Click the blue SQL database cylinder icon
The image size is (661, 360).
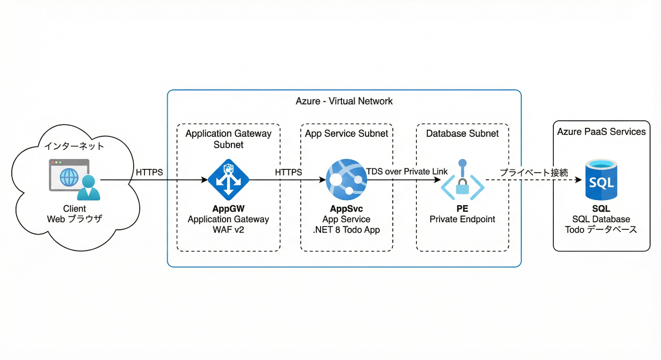click(x=601, y=180)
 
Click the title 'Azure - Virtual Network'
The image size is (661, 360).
click(x=344, y=101)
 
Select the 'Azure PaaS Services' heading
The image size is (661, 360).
click(x=601, y=132)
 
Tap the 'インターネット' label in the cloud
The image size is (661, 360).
click(x=74, y=146)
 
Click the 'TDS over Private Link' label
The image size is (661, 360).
click(x=407, y=172)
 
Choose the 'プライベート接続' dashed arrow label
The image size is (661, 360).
click(x=534, y=173)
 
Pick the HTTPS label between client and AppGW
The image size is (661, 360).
click(x=149, y=173)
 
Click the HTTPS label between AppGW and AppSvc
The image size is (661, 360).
click(x=288, y=173)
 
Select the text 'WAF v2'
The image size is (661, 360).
click(x=229, y=230)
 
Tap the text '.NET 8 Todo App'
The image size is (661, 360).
click(x=347, y=230)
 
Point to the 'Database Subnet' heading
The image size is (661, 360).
click(x=462, y=134)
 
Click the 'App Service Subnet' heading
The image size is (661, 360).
click(x=347, y=134)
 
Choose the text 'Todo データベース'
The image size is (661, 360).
click(x=601, y=230)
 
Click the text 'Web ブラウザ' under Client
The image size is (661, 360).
click(x=74, y=219)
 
